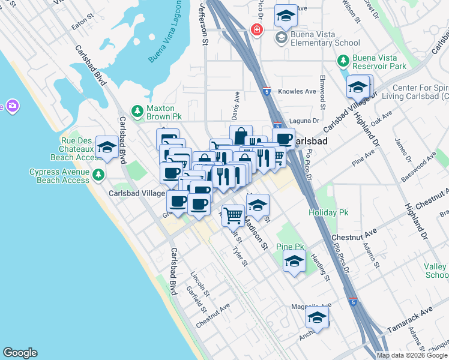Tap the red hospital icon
[257, 29]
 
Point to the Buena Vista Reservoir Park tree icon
[343, 61]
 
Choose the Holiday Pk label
[328, 212]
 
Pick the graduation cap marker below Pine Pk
[294, 262]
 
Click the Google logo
[20, 353]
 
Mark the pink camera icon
[13, 106]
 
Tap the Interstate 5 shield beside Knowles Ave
[266, 92]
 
